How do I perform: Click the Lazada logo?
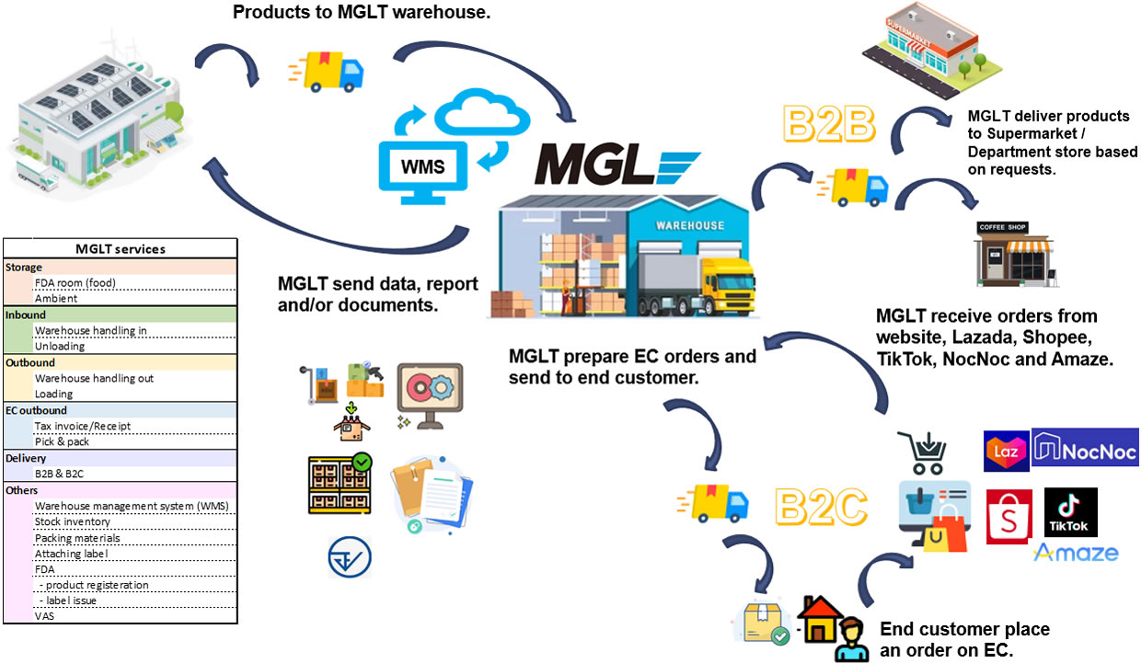click(x=1006, y=451)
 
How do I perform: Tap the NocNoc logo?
click(x=1085, y=448)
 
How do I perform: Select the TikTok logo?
click(x=1070, y=511)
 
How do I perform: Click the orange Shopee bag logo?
click(x=1008, y=516)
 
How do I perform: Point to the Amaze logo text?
click(x=1076, y=553)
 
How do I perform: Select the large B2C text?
click(x=821, y=505)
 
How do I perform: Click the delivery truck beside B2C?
click(x=714, y=502)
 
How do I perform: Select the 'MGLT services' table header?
click(x=120, y=249)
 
